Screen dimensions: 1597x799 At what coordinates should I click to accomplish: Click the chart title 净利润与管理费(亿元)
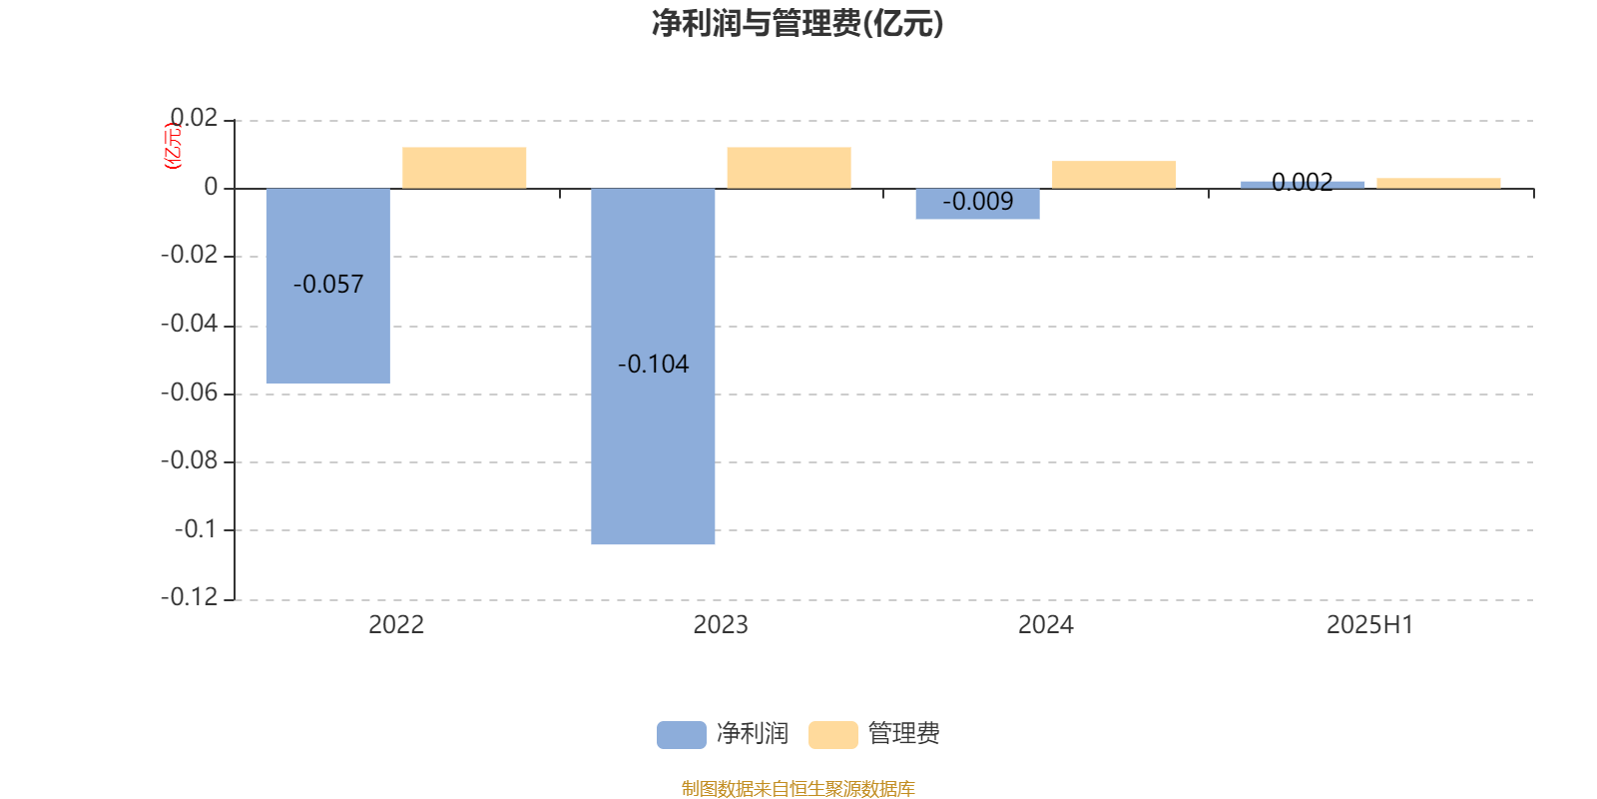coord(798,24)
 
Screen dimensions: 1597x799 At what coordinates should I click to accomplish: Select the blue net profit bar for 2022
coord(328,286)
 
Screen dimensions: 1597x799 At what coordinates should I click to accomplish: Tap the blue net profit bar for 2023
coord(653,367)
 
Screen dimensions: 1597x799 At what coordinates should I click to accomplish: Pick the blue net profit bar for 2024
coord(977,204)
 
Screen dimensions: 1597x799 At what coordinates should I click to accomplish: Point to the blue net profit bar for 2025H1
coord(1303,186)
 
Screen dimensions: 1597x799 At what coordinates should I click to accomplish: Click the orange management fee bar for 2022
coord(464,169)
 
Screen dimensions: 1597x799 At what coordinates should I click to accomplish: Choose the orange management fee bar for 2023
coord(790,169)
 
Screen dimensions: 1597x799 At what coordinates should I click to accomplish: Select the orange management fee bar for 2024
coord(1114,175)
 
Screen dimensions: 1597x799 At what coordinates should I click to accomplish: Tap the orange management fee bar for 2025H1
coord(1438,184)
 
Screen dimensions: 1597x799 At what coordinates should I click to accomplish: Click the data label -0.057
coord(328,285)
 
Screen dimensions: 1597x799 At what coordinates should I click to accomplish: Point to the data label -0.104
coord(653,365)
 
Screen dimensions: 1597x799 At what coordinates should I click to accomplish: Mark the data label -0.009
coord(977,202)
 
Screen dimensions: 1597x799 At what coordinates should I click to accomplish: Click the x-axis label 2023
coord(721,625)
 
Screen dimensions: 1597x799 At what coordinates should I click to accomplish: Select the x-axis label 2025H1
coord(1369,625)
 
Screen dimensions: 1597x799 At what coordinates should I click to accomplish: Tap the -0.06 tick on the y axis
coord(190,393)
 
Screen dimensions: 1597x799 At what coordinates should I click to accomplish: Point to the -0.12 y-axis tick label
coord(190,597)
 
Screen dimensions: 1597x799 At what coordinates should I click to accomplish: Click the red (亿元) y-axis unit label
coord(174,146)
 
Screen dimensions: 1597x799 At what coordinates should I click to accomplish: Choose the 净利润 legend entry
coord(723,734)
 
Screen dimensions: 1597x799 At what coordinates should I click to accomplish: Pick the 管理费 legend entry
coord(874,734)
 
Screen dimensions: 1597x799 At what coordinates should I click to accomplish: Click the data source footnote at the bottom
coord(798,788)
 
